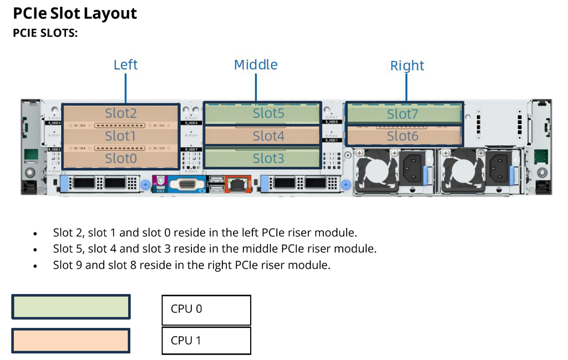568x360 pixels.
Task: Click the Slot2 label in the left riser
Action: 120,113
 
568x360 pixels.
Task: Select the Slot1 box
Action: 120,136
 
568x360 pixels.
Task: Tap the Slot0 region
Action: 120,159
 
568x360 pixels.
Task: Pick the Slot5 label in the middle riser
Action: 268,113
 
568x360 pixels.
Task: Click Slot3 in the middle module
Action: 268,159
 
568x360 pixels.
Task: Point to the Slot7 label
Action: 403,114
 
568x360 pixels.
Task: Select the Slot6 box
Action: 403,136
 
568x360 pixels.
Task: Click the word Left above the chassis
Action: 125,65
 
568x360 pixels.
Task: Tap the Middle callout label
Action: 256,65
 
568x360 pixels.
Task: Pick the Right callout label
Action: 407,66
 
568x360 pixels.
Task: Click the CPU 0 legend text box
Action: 206,310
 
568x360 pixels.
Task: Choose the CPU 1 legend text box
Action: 206,341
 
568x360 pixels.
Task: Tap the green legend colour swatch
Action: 71,307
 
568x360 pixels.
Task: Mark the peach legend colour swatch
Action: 71,340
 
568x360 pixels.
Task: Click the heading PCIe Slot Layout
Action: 75,13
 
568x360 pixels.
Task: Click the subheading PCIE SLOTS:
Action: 45,33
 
